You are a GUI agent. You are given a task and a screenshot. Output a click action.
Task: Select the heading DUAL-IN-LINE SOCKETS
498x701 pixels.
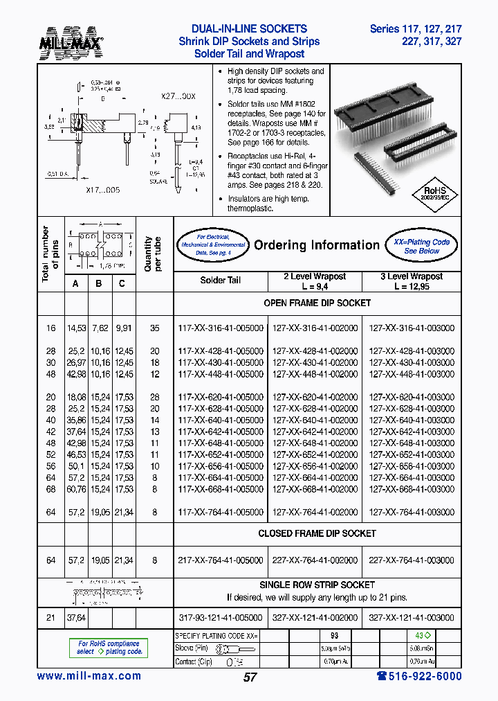[x=249, y=29]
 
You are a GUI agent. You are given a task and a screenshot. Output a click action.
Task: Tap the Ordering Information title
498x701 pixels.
[x=317, y=245]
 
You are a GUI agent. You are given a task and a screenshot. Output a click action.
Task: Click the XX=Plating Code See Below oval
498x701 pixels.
[x=421, y=246]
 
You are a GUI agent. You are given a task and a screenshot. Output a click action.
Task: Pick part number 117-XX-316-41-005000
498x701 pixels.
[x=221, y=328]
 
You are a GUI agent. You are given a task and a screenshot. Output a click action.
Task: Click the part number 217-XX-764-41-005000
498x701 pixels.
[x=221, y=560]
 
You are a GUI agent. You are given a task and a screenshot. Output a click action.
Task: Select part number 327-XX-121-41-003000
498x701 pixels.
[x=412, y=617]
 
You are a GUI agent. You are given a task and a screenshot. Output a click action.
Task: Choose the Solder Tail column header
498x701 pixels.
[x=221, y=281]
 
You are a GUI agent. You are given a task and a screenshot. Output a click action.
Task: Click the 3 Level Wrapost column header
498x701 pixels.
[x=412, y=281]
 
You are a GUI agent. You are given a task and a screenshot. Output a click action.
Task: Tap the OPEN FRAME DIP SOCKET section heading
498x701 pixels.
[x=317, y=303]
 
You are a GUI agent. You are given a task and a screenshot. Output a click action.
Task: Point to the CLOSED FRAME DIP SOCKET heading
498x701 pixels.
[x=317, y=533]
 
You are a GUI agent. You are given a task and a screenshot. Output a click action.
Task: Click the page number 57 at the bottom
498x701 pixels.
[x=250, y=677]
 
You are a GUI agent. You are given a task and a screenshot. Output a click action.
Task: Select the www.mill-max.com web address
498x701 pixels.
[x=89, y=676]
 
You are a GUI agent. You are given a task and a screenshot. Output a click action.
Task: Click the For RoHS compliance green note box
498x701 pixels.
[x=109, y=648]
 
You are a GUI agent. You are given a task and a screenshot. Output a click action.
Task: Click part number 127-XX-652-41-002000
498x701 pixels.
[x=316, y=454]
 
